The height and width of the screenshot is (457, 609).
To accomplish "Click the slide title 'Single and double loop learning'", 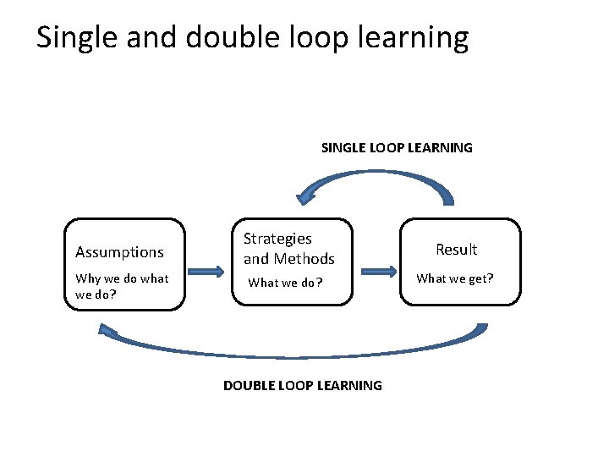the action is click(252, 37).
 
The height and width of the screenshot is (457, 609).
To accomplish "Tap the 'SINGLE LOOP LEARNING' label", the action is click(397, 148).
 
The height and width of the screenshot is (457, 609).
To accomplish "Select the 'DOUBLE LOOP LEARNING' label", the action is click(302, 386).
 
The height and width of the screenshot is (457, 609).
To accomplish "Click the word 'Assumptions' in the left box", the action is click(119, 252).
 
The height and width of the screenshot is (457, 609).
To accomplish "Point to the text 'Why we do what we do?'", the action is click(122, 286).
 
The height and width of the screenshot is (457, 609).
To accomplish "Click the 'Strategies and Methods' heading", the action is click(288, 249).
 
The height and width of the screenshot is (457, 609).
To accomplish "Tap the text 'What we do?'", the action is click(285, 283).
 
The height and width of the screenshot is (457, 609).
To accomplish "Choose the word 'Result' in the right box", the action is click(457, 250).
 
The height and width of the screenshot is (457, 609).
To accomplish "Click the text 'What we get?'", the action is click(455, 278).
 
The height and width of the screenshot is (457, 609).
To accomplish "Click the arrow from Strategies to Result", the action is click(380, 272).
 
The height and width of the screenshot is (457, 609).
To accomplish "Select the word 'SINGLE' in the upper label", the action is click(341, 148).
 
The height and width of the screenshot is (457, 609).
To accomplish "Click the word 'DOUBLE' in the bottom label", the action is click(249, 386).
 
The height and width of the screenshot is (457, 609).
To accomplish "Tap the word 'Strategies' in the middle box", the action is click(277, 240).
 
